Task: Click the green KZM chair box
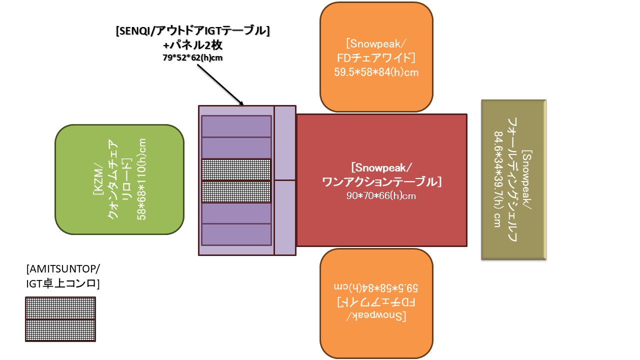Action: point(119,179)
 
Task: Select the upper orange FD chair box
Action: point(376,56)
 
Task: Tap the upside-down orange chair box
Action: point(376,302)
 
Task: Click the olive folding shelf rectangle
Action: point(513,179)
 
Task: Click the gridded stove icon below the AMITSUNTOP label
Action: point(60,319)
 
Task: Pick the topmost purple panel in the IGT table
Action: point(236,125)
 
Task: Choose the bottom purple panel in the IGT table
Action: point(236,234)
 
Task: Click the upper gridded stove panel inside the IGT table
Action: point(236,169)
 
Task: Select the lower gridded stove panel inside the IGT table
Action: point(236,191)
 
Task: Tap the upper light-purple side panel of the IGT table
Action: point(285,143)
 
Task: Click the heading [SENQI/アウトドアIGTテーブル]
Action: point(192,31)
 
